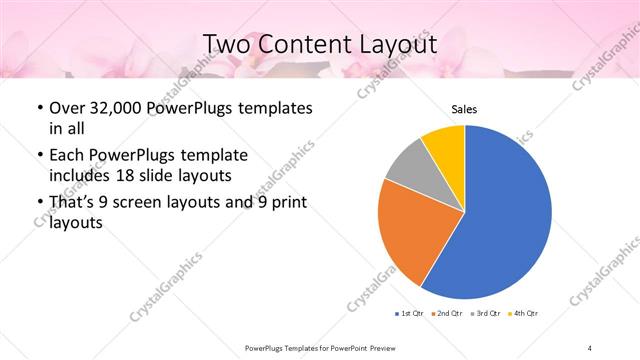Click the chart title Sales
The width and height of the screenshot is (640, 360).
coord(464,108)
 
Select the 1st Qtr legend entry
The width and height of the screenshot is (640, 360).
coord(410,314)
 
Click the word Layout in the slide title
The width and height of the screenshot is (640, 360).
coord(389,44)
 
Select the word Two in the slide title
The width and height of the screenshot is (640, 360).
coord(228,44)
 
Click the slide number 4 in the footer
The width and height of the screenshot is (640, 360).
coord(590,347)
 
